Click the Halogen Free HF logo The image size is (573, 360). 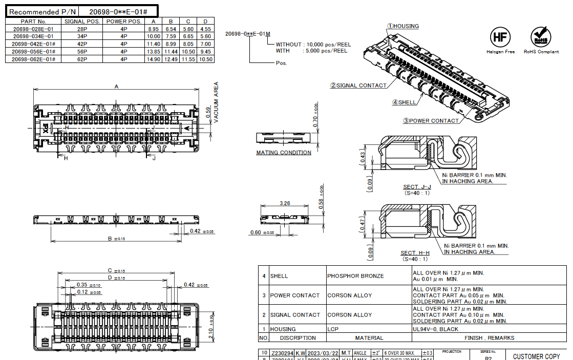[x=500, y=37]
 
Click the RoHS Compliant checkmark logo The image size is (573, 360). [x=541, y=37]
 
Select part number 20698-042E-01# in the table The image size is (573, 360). [x=33, y=44]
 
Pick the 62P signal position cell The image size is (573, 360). [x=82, y=59]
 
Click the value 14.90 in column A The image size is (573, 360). [x=154, y=59]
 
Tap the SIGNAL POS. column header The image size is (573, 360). [x=82, y=22]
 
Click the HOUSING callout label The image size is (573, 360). [x=402, y=26]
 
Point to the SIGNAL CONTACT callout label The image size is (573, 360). [x=358, y=86]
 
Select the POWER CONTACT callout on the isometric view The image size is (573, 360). [x=431, y=121]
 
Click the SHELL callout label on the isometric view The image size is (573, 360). [x=405, y=102]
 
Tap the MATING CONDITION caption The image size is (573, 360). [x=284, y=153]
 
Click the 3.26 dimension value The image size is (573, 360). [x=285, y=203]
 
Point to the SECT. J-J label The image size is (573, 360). [x=417, y=187]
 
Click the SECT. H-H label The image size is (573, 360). [x=415, y=253]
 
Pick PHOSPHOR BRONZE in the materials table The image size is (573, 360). [x=355, y=276]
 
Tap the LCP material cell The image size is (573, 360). [x=333, y=329]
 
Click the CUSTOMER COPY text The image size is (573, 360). [x=536, y=356]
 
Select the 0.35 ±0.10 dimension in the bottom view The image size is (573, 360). [x=84, y=285]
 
